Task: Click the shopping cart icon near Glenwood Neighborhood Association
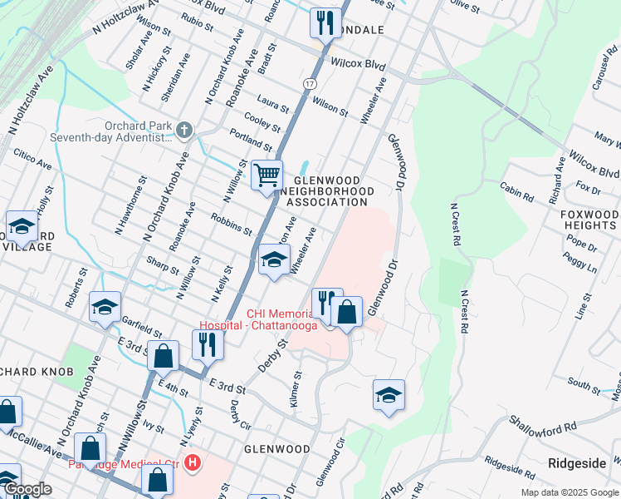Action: point(266,176)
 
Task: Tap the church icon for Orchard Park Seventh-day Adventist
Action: point(184,130)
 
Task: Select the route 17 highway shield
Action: point(309,84)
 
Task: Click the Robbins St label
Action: point(232,224)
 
